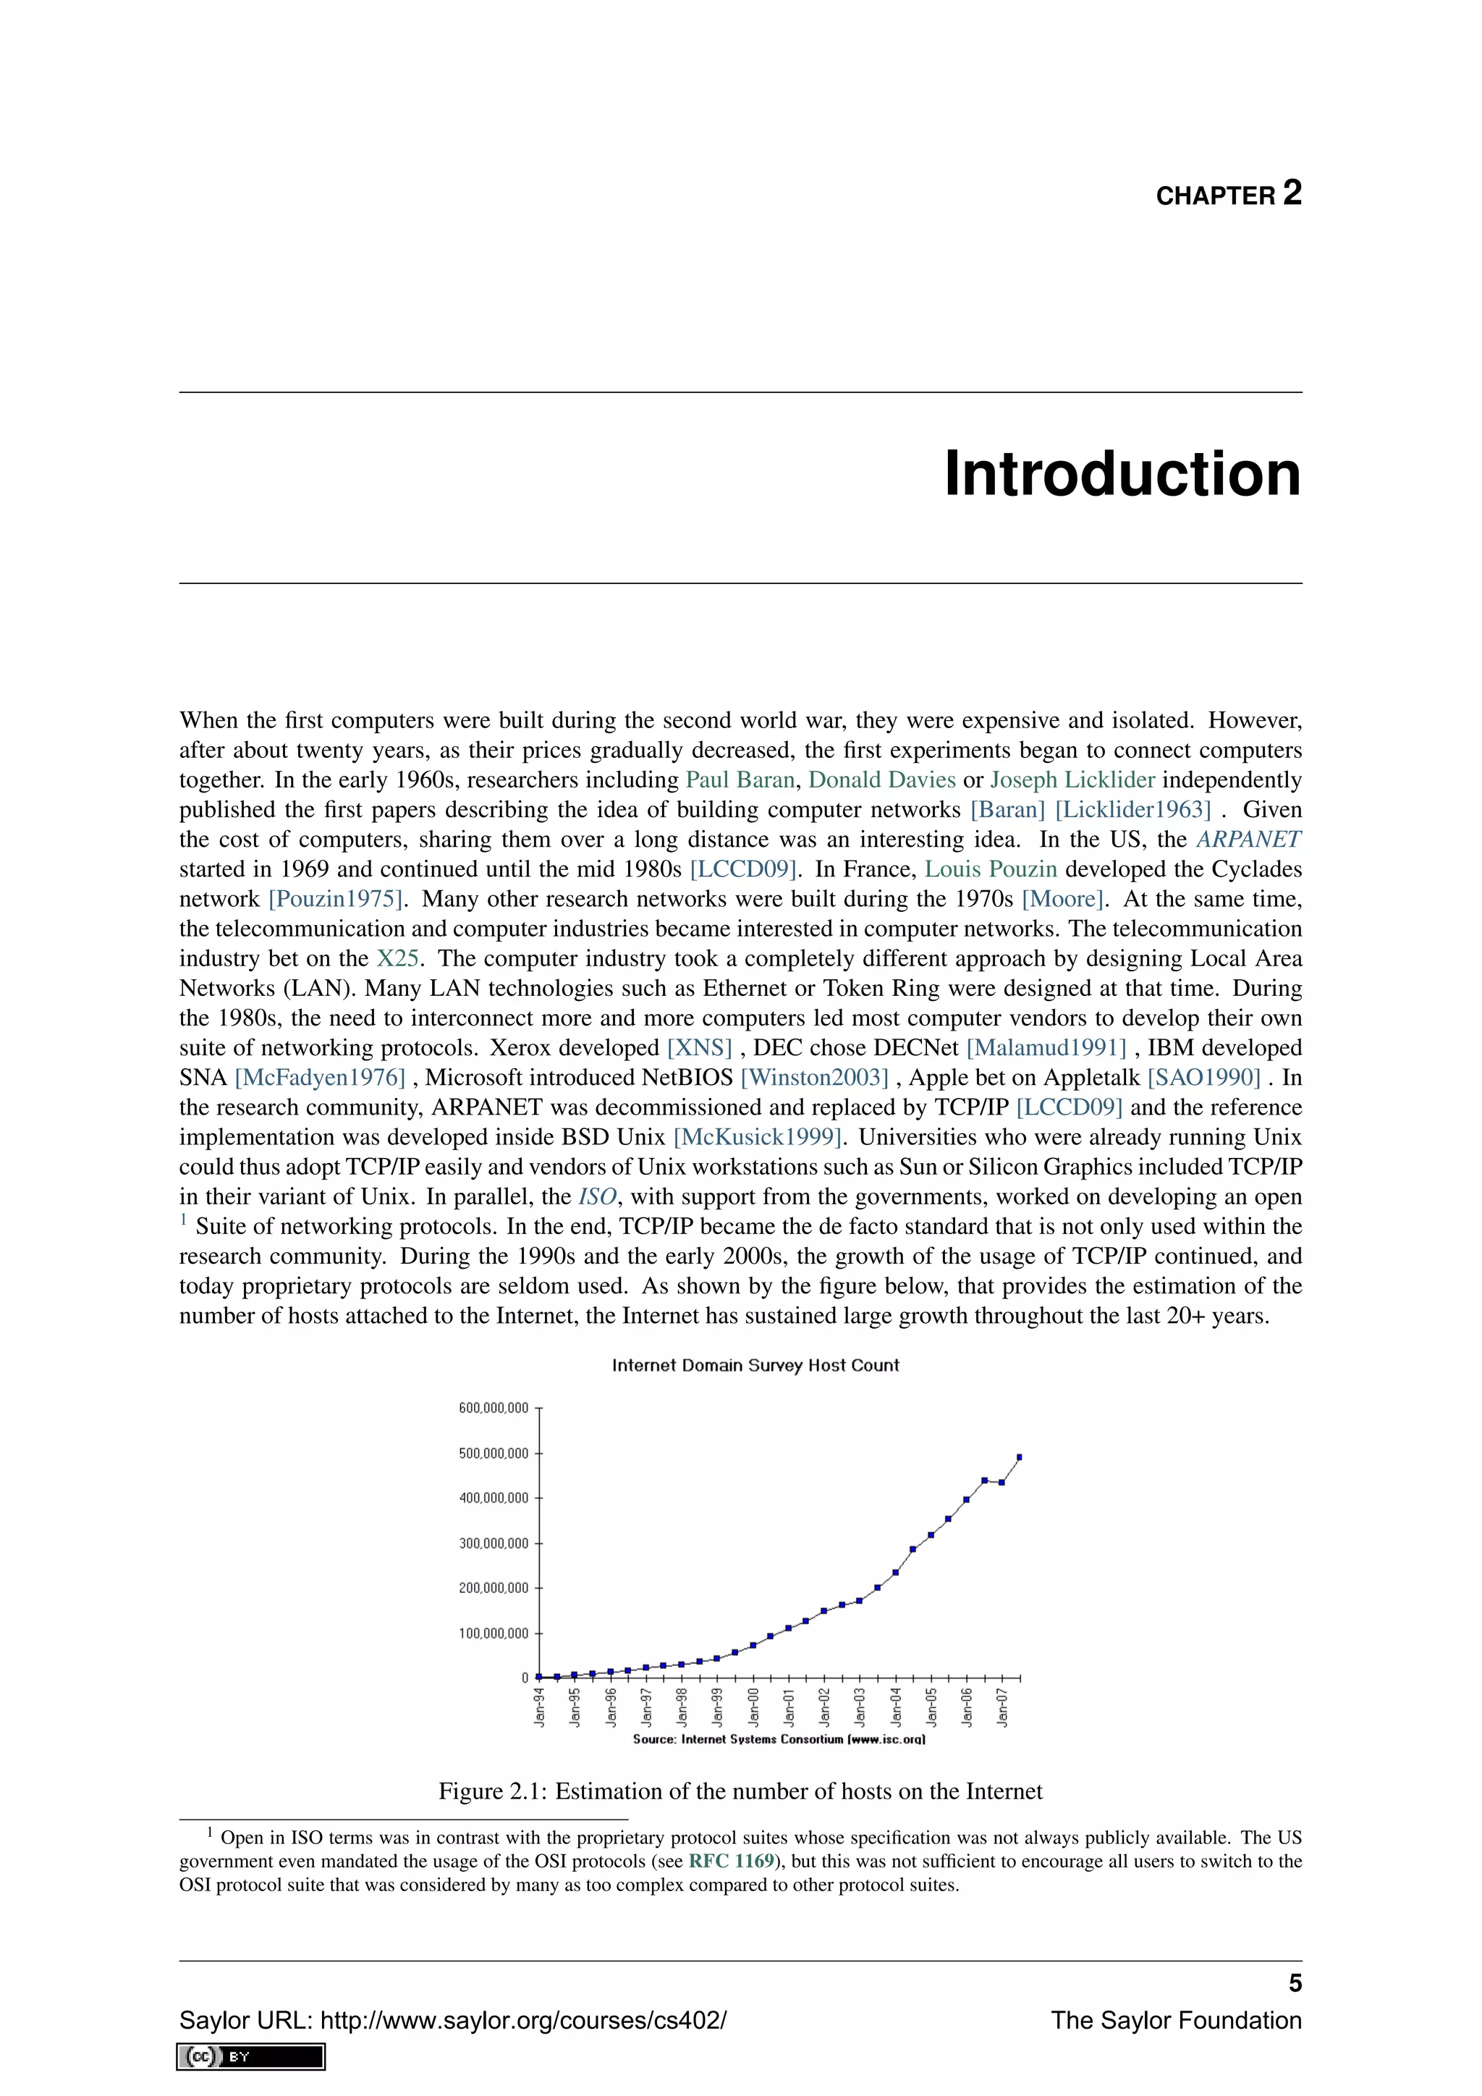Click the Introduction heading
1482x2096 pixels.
click(x=1122, y=474)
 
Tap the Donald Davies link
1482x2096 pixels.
click(x=881, y=780)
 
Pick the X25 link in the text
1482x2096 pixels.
click(x=398, y=958)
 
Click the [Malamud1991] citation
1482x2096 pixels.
click(x=1046, y=1048)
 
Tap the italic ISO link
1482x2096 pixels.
click(x=598, y=1197)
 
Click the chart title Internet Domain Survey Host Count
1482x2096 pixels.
click(x=755, y=1366)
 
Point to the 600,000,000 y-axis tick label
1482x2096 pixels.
click(x=494, y=1408)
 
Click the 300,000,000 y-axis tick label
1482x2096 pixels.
click(x=494, y=1544)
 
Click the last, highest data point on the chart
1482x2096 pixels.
click(x=1020, y=1457)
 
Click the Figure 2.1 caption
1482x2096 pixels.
click(x=740, y=1791)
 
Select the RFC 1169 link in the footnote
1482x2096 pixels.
click(x=731, y=1862)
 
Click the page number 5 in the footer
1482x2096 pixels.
click(x=1294, y=1984)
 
